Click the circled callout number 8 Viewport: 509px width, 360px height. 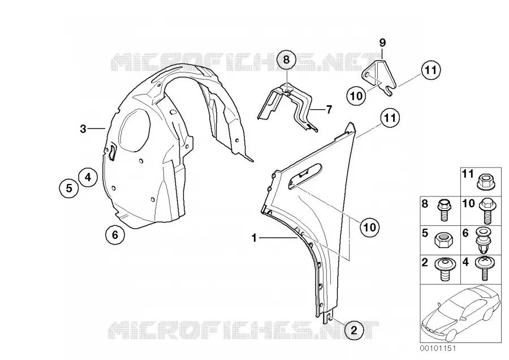pyautogui.click(x=286, y=60)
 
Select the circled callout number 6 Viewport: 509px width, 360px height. pyautogui.click(x=115, y=234)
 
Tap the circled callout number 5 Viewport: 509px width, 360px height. pyautogui.click(x=69, y=188)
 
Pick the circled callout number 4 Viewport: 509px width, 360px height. pyautogui.click(x=88, y=177)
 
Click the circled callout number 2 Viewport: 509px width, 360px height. pyautogui.click(x=354, y=331)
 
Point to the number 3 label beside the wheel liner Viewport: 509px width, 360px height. pyautogui.click(x=83, y=129)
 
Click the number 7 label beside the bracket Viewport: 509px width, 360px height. pyautogui.click(x=329, y=110)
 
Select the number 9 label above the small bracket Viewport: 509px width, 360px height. pyautogui.click(x=382, y=42)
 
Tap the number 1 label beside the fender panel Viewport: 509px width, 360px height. pyautogui.click(x=254, y=238)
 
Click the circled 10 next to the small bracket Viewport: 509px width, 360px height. pyautogui.click(x=356, y=96)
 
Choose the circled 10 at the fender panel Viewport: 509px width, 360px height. pyautogui.click(x=370, y=227)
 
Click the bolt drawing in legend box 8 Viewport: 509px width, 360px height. pyautogui.click(x=443, y=210)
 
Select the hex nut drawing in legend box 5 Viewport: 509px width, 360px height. pyautogui.click(x=442, y=241)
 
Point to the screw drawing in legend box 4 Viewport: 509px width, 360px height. pyautogui.click(x=484, y=268)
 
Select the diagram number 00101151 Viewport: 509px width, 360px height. pyautogui.click(x=437, y=348)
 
